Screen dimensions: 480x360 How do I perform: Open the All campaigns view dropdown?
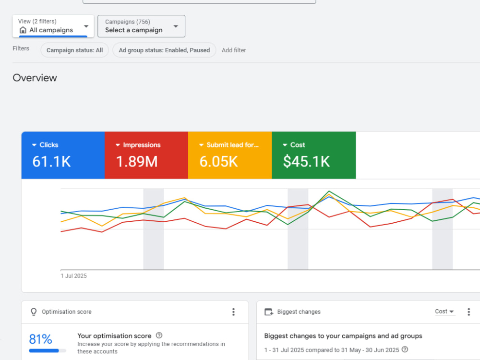tap(53, 26)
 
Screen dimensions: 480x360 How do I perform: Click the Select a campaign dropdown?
tap(141, 26)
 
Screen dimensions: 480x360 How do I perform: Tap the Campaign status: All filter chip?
tap(75, 50)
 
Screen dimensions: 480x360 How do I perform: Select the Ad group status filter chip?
tap(164, 50)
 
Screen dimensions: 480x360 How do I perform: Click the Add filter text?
tap(234, 50)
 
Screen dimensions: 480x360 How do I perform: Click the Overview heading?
tap(35, 78)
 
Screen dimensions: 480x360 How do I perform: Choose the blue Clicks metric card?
tap(63, 155)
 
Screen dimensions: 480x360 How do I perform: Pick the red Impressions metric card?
tap(146, 155)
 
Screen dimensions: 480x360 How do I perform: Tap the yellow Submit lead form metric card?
tap(230, 155)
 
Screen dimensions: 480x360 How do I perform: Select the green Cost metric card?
tap(314, 155)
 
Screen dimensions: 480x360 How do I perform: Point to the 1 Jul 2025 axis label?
tap(73, 276)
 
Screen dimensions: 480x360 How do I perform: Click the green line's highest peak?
tap(329, 192)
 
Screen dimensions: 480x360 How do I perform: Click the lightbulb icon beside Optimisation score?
tap(34, 312)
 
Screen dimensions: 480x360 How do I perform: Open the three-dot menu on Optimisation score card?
tap(233, 312)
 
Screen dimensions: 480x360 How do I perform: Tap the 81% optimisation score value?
tap(40, 339)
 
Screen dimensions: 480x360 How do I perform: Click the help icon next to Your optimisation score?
tap(159, 336)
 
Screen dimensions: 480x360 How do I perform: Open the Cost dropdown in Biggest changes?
tap(444, 312)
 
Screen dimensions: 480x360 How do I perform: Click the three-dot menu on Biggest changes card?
tap(468, 312)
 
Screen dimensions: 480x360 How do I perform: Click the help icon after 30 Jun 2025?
tap(405, 349)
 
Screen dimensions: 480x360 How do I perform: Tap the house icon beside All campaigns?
tap(23, 30)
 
